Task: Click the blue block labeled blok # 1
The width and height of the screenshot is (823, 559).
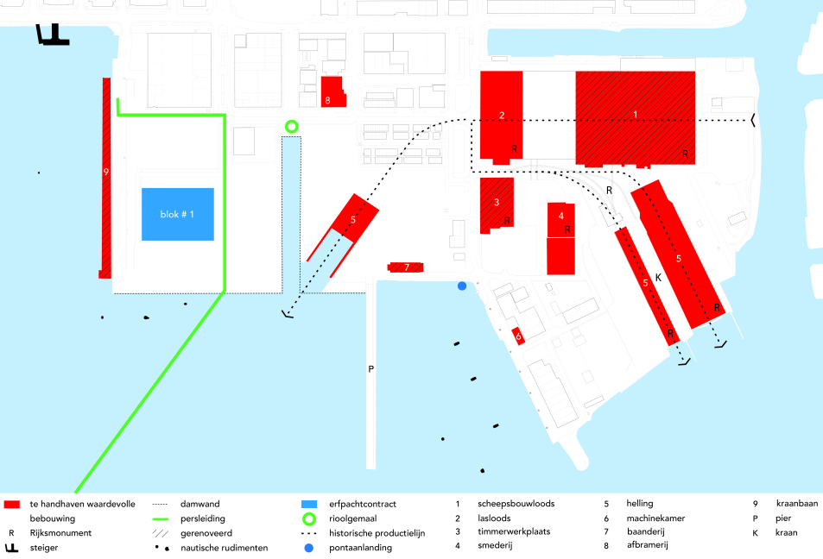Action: click(178, 214)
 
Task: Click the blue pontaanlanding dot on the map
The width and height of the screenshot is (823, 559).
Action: click(462, 286)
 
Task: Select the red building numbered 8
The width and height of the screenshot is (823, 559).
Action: click(333, 91)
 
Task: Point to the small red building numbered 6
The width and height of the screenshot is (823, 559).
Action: click(518, 336)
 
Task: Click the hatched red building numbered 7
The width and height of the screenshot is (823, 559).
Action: click(405, 267)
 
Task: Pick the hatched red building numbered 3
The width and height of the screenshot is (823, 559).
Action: click(497, 205)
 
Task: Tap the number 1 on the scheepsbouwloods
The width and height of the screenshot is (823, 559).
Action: click(635, 115)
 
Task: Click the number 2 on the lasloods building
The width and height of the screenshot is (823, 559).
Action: click(502, 116)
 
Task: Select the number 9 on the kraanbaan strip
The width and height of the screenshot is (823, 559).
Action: click(106, 172)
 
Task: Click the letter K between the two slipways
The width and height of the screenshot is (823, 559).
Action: click(658, 278)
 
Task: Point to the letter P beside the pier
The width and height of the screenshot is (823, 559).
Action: click(371, 369)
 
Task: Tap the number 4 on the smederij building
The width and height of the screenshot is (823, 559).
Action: click(561, 216)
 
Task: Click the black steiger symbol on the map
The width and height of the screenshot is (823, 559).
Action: click(52, 35)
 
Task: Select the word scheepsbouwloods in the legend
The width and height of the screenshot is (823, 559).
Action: click(516, 504)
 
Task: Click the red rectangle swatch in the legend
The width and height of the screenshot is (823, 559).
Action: click(11, 505)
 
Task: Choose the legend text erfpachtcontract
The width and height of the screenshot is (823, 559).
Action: click(363, 504)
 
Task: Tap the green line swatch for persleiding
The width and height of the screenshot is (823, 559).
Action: click(160, 518)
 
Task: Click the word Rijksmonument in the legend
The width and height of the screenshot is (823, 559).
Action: click(60, 533)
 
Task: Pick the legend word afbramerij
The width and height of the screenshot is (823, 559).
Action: click(647, 545)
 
